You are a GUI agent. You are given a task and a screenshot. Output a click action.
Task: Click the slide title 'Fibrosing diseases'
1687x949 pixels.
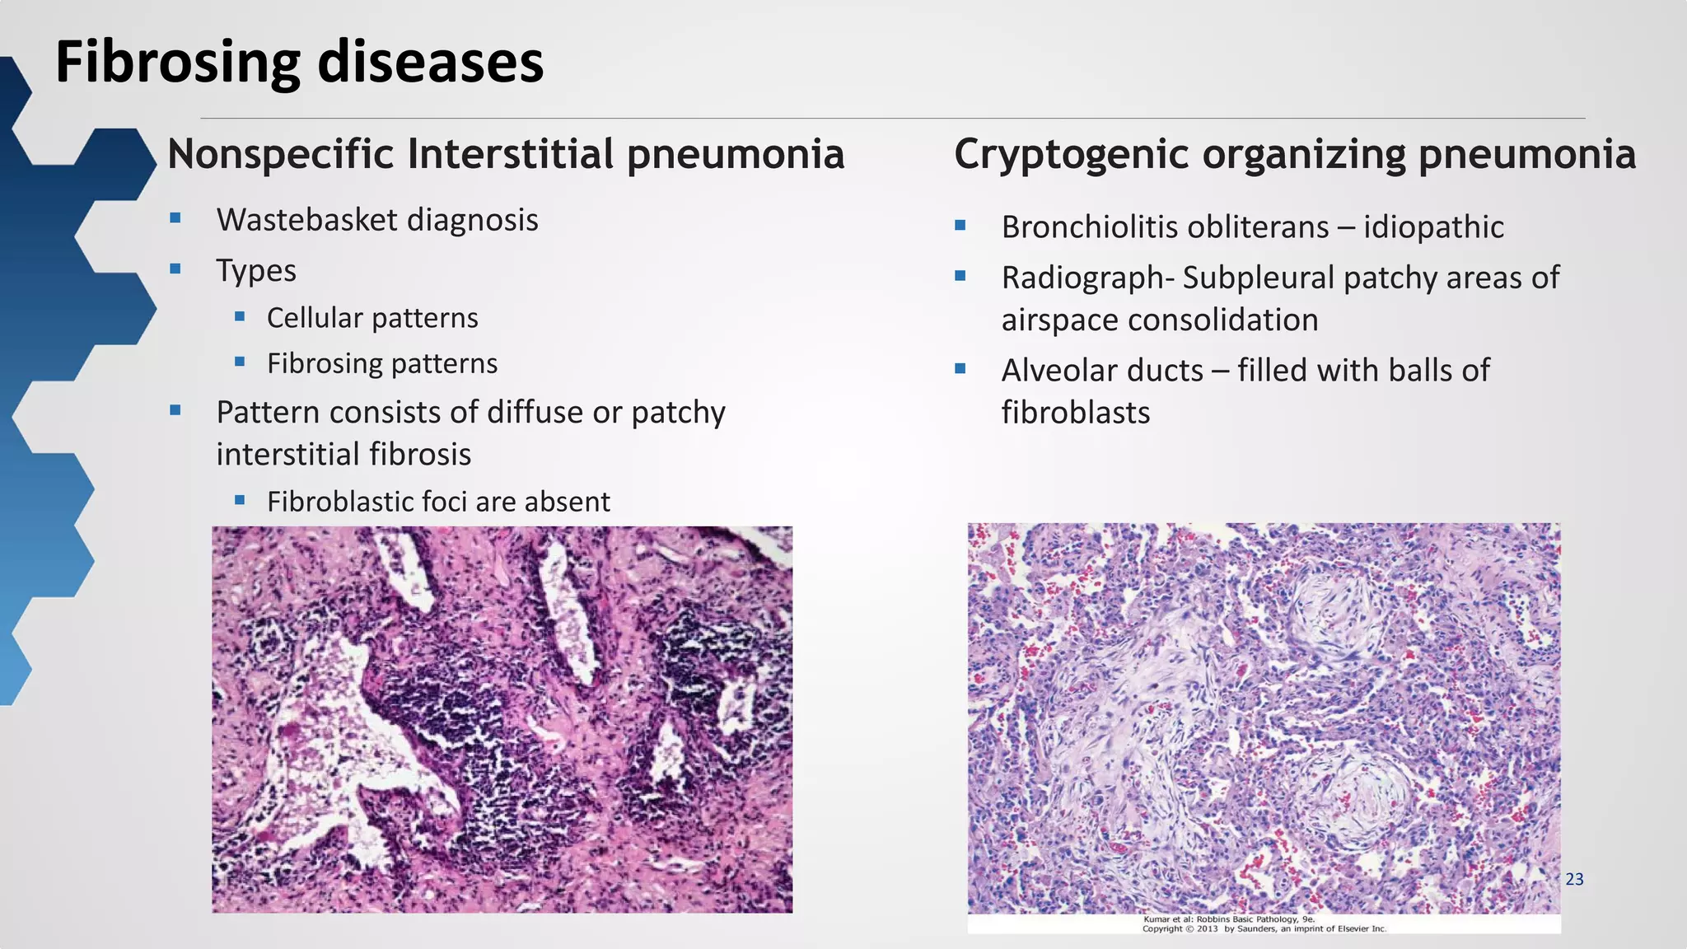click(299, 63)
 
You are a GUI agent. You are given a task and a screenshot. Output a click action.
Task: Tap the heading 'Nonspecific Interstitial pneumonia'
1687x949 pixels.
click(506, 154)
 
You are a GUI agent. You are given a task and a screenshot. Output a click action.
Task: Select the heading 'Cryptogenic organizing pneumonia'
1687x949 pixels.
click(1294, 154)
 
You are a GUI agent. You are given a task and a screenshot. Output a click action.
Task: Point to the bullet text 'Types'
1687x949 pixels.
click(256, 270)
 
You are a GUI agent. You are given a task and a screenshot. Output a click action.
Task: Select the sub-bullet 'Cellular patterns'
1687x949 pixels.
click(372, 318)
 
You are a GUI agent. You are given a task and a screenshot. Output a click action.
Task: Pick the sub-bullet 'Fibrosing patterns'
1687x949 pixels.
click(382, 363)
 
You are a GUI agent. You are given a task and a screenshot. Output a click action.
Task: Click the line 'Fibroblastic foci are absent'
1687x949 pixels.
click(438, 502)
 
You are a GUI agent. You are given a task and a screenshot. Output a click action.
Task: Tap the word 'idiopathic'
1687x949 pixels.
click(1433, 227)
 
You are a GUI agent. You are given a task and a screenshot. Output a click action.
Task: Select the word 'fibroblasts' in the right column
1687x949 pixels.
click(1075, 413)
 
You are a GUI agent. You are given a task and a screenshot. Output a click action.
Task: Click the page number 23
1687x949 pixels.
click(1574, 879)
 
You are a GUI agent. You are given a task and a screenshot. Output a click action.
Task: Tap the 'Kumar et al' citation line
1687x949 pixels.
click(1228, 919)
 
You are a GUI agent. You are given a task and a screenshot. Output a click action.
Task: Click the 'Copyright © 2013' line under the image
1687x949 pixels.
click(1264, 928)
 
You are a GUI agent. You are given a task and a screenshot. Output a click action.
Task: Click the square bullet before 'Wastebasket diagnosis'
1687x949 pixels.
click(175, 218)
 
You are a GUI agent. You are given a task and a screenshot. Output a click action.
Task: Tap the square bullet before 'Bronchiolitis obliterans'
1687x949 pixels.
click(960, 225)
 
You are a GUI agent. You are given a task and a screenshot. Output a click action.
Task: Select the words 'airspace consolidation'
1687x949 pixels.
click(1159, 320)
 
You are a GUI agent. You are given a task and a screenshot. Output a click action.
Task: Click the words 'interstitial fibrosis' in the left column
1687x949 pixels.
click(343, 455)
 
